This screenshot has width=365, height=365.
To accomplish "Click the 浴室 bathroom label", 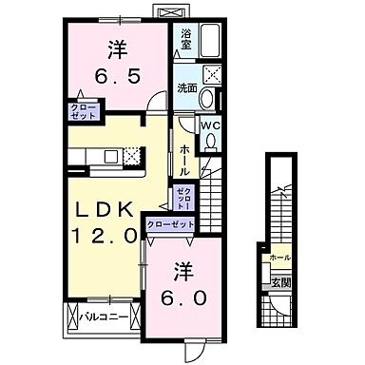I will (x=186, y=40).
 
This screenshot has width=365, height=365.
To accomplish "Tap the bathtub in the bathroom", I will (x=211, y=43).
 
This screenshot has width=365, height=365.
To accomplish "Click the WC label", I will (x=211, y=125).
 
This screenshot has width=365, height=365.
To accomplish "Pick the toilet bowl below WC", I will (x=212, y=142).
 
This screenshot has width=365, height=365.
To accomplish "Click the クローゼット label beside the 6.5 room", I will (x=82, y=111).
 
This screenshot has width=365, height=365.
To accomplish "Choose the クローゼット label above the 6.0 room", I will (x=171, y=224).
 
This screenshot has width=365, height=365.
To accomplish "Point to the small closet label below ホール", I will (x=183, y=199).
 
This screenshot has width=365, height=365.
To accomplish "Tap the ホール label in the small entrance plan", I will (x=280, y=258).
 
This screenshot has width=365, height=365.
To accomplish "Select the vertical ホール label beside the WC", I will (x=184, y=157).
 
